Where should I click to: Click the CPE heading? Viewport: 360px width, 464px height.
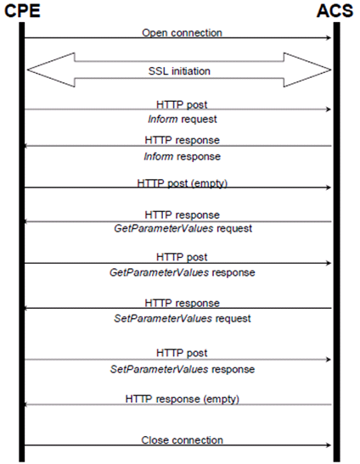click(22, 11)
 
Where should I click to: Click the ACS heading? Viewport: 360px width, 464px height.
click(335, 11)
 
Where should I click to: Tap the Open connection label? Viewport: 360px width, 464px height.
click(182, 33)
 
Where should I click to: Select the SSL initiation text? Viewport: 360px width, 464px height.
click(179, 71)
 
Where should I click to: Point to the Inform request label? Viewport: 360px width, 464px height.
click(183, 120)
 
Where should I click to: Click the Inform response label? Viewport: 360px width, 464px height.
click(183, 157)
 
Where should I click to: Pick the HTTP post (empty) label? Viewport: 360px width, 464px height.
click(182, 183)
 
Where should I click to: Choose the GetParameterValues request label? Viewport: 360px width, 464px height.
click(183, 228)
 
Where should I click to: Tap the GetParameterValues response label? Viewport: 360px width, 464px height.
click(183, 272)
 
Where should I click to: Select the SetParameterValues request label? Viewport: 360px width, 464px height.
click(183, 318)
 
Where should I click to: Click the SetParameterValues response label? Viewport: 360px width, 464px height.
click(183, 369)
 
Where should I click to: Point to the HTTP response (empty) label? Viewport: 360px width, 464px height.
click(182, 400)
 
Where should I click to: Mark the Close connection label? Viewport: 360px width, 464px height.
click(182, 440)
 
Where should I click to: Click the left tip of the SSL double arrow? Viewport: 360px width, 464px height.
click(27, 70)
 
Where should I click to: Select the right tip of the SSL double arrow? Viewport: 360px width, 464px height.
click(330, 70)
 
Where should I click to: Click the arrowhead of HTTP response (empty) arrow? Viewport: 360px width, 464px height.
click(25, 405)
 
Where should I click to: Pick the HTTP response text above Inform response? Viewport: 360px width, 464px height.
click(182, 140)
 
